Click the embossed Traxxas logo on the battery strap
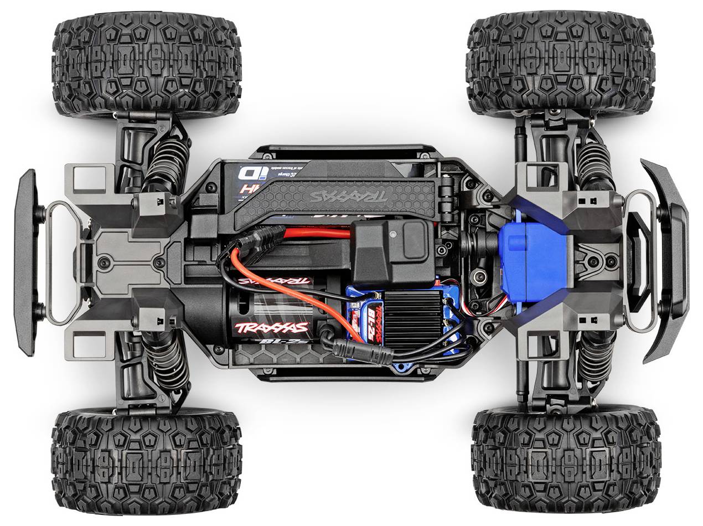pyautogui.click(x=348, y=197)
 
